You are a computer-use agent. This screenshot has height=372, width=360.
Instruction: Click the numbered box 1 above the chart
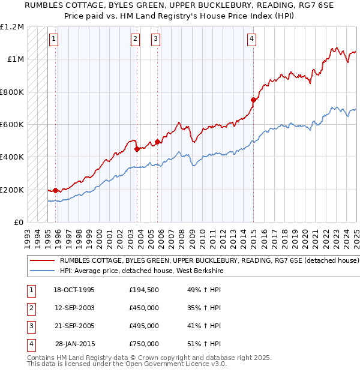[x=54, y=40]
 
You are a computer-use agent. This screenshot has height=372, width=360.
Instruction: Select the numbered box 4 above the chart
[x=251, y=40]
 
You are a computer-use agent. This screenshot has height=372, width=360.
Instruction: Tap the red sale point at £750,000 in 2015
[x=253, y=100]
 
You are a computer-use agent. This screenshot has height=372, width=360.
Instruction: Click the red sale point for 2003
[x=137, y=149]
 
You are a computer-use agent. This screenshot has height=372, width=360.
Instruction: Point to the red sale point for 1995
[x=56, y=190]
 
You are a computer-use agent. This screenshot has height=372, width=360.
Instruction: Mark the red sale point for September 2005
[x=158, y=142]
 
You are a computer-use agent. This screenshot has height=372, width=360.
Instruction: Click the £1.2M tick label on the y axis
[x=12, y=27]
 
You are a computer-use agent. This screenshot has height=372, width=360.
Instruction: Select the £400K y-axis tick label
[x=12, y=157]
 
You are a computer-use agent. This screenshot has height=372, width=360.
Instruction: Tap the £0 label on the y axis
[x=18, y=222]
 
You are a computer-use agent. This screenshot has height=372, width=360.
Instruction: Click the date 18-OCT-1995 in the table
[x=74, y=290]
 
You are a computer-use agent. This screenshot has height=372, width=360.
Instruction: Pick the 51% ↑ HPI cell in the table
[x=205, y=344]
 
